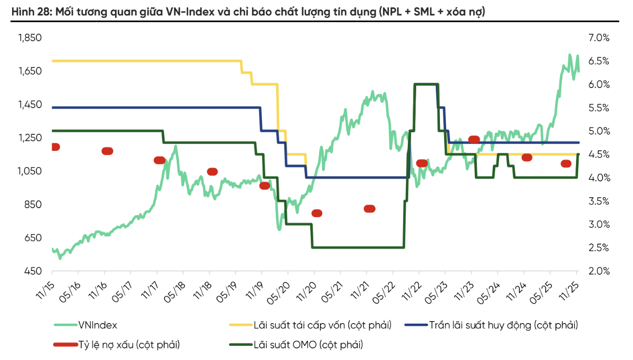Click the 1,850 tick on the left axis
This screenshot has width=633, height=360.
[x=30, y=38]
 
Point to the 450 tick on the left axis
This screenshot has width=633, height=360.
[x=33, y=271]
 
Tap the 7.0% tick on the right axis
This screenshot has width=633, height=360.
[x=598, y=38]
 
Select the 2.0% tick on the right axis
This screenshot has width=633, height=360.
[x=598, y=271]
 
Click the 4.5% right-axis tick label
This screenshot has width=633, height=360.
[x=598, y=154]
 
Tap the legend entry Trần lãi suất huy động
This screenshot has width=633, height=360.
[x=503, y=325]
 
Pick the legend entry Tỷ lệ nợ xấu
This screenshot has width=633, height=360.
[x=129, y=345]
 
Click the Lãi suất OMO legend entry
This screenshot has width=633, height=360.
[x=309, y=345]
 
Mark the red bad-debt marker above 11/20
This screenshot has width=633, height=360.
[x=316, y=213]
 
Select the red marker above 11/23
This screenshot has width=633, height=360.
[x=474, y=140]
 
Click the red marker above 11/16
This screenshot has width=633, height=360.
[x=107, y=151]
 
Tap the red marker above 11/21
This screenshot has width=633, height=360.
[x=369, y=209]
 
